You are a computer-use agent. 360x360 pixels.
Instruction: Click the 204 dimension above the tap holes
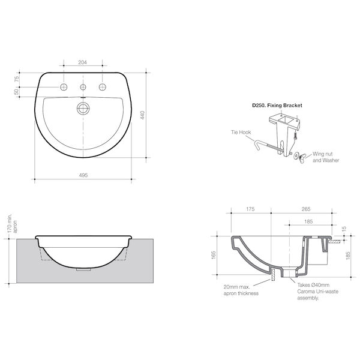(83, 62)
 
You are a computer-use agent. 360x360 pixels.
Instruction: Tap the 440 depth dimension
(142, 116)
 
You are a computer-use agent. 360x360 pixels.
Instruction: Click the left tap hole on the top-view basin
(64, 88)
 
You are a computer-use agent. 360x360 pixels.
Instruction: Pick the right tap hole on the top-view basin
(102, 88)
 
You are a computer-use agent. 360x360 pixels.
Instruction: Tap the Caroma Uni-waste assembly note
(315, 290)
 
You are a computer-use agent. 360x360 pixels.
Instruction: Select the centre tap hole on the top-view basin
(83, 88)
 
